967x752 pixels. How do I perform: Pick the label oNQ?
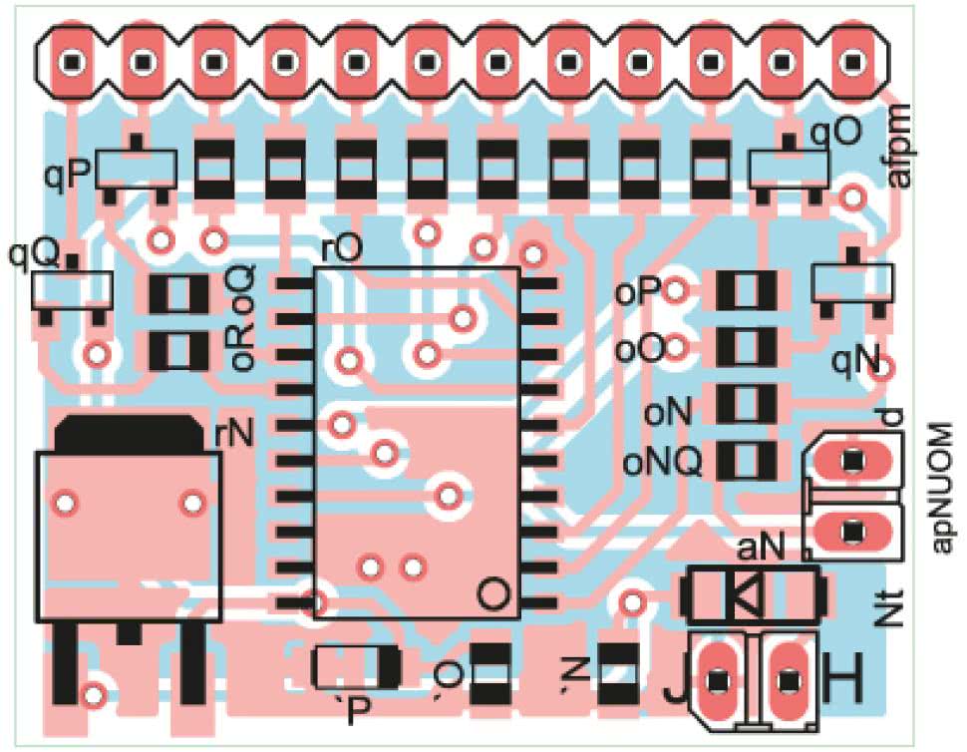662,462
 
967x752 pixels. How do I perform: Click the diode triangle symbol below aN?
744,595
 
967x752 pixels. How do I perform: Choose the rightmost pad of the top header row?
853,62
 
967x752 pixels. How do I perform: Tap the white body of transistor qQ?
71,289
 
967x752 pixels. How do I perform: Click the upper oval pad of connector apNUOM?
852,461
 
